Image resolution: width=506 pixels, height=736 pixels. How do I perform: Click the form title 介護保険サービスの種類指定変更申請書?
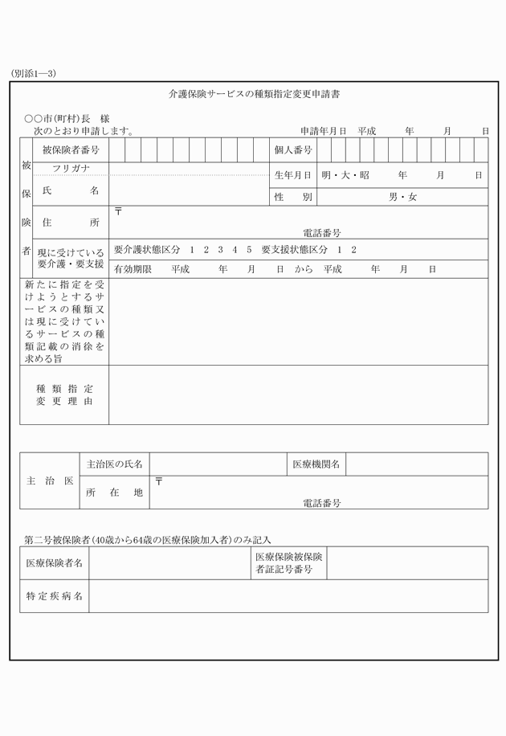(254, 95)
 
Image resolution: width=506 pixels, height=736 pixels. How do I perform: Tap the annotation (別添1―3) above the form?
(34, 73)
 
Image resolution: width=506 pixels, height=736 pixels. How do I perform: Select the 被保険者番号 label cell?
(71, 150)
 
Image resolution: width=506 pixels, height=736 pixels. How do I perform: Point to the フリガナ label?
(71, 169)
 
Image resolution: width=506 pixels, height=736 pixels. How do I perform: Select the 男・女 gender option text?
(402, 197)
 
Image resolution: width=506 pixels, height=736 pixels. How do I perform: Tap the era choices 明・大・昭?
(345, 175)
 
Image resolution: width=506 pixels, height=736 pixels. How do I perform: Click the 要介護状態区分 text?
(148, 250)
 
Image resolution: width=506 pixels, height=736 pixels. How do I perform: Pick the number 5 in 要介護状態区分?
(250, 250)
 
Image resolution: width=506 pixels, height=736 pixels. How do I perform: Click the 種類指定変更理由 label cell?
(64, 395)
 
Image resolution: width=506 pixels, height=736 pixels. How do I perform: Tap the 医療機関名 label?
(316, 464)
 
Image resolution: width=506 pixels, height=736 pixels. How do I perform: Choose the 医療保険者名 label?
(55, 563)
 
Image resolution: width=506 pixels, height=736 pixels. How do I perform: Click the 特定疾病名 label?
(55, 597)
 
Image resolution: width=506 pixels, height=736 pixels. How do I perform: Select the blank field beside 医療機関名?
(416, 464)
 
